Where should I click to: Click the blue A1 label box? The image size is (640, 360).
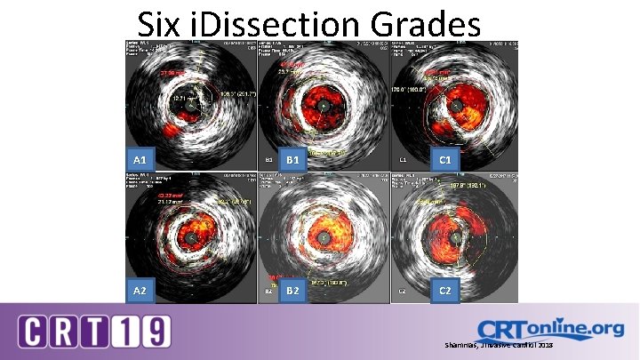point(140,159)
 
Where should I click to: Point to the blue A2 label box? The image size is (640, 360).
point(140,291)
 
